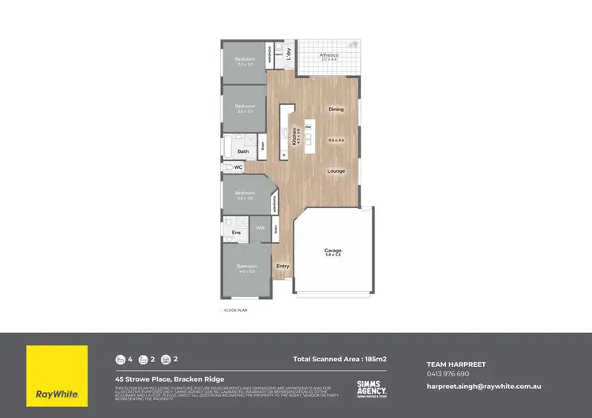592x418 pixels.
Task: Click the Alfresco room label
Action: click(328, 55)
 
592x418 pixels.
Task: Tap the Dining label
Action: click(336, 110)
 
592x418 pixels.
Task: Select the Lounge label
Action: click(336, 170)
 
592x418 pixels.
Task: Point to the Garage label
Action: click(333, 251)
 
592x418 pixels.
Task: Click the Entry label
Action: click(283, 266)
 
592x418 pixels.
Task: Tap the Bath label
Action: click(243, 151)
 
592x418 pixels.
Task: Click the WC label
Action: click(238, 167)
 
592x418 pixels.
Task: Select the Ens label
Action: click(236, 232)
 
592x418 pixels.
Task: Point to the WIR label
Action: click(260, 229)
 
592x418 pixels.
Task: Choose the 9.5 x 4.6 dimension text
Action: click(336, 140)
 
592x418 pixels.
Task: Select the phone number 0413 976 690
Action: click(448, 374)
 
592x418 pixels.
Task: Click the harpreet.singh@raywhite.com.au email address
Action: click(483, 386)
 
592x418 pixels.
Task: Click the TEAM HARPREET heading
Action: click(456, 364)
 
